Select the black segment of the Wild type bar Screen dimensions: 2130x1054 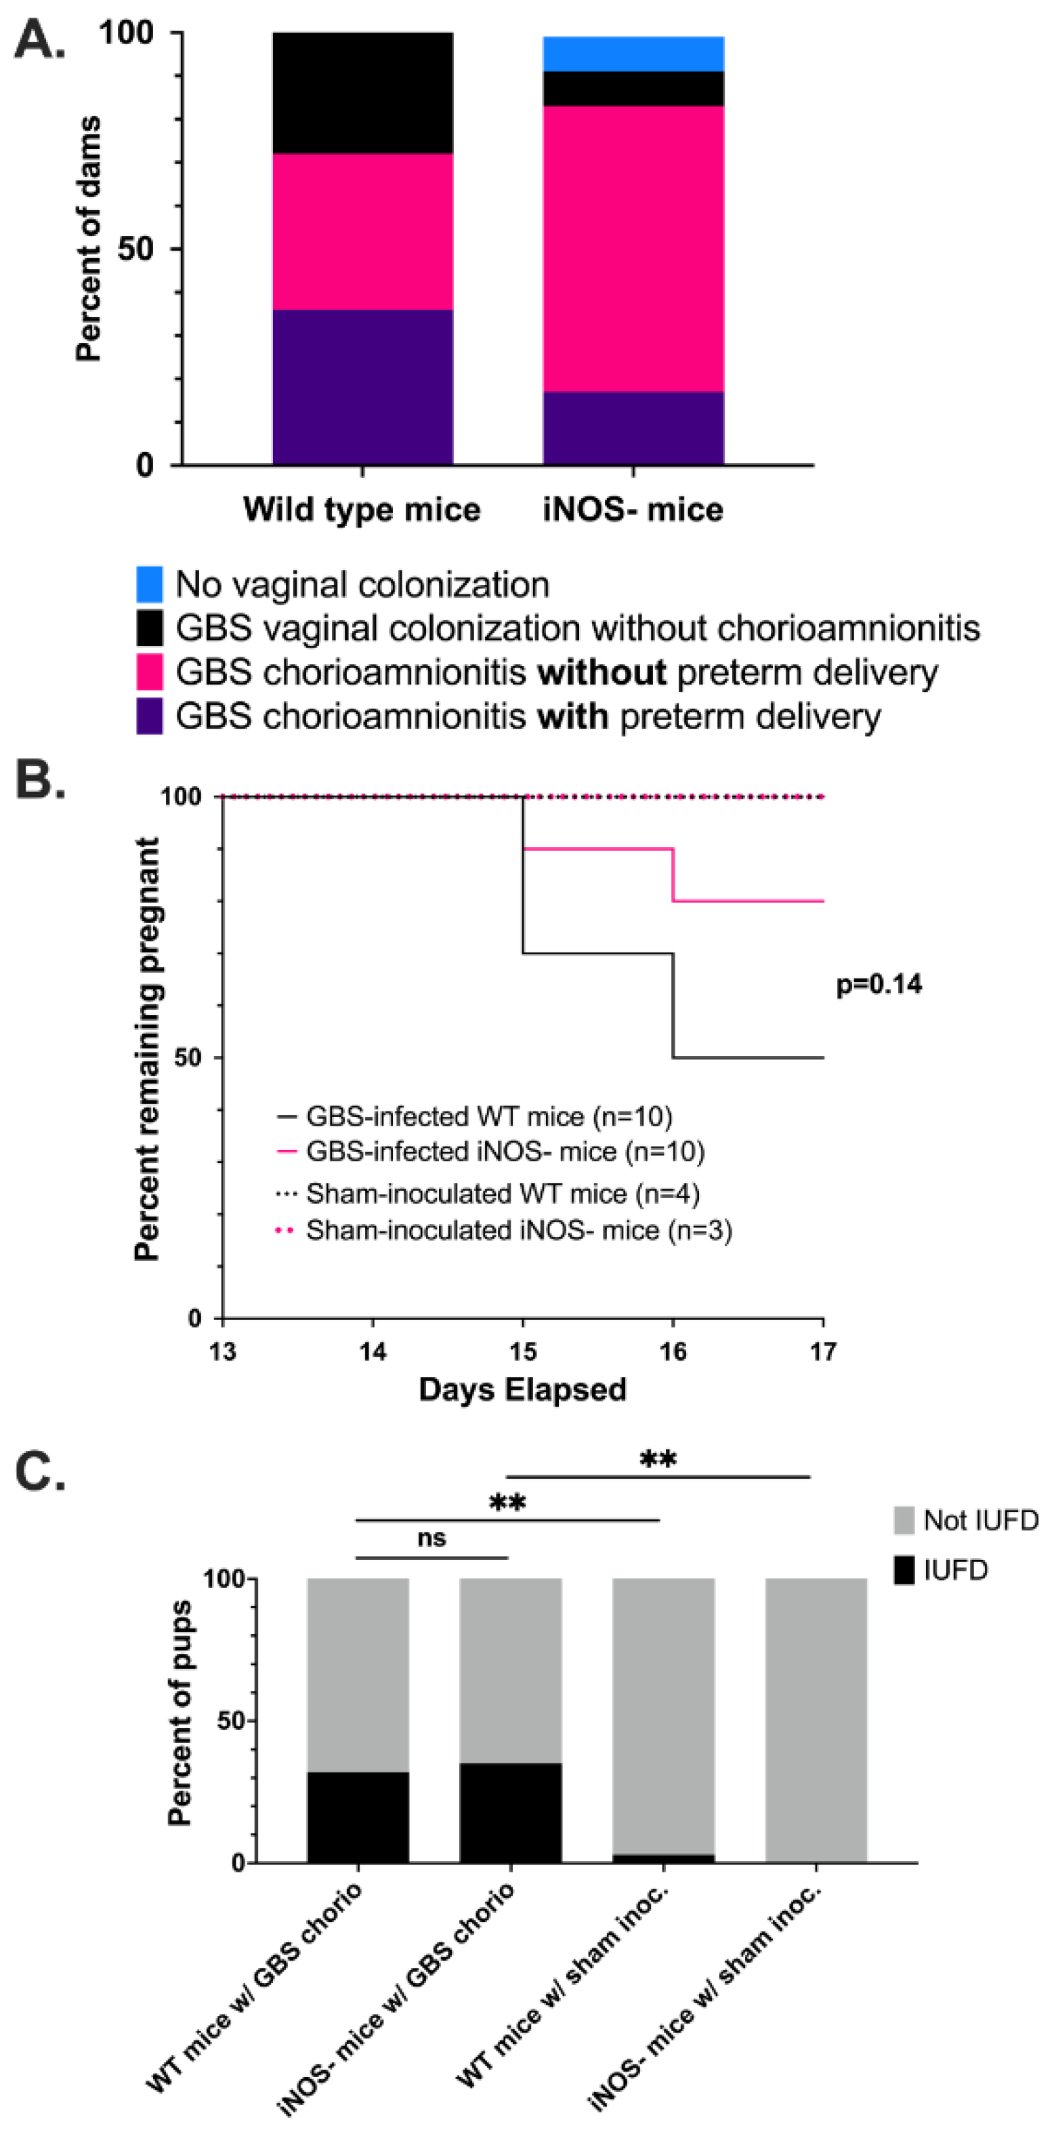tap(362, 93)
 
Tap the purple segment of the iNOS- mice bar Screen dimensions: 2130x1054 tap(633, 428)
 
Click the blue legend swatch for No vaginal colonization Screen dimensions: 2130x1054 tap(150, 583)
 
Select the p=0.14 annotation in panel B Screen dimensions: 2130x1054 tap(879, 984)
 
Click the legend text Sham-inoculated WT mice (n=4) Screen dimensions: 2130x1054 tap(503, 1194)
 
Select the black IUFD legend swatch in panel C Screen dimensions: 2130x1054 tap(904, 1570)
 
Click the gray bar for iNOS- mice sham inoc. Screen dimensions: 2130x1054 tap(816, 1720)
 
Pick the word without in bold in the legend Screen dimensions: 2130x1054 tap(602, 672)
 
